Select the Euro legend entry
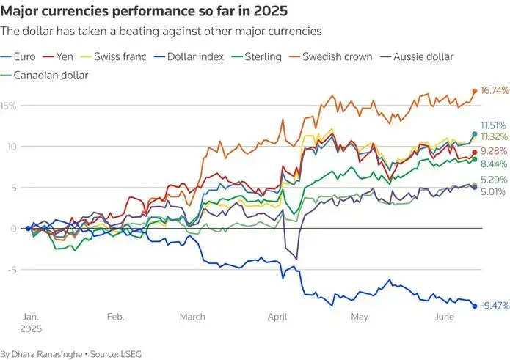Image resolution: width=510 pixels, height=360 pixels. [19, 56]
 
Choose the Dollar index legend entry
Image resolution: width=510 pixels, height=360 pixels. [190, 56]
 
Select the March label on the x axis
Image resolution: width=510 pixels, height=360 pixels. [193, 317]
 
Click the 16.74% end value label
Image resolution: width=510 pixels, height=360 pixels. [495, 91]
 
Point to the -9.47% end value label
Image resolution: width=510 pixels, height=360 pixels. [495, 306]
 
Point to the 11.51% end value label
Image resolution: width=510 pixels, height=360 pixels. [495, 125]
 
